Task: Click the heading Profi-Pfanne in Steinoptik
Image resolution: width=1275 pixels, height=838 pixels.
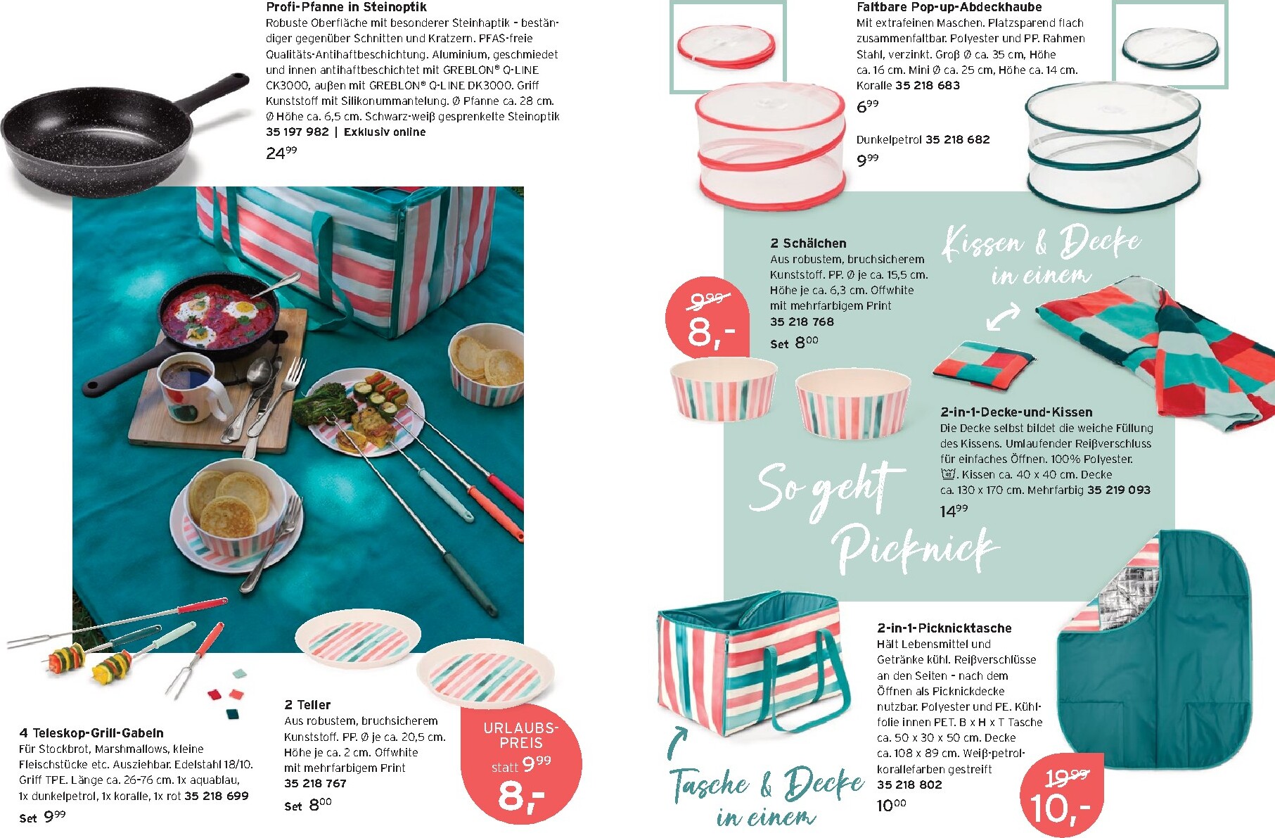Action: click(x=346, y=7)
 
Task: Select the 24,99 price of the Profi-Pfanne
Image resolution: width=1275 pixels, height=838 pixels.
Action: click(x=281, y=152)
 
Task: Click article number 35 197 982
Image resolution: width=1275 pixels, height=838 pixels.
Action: click(x=297, y=132)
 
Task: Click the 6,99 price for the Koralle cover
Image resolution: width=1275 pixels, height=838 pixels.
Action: click(x=867, y=106)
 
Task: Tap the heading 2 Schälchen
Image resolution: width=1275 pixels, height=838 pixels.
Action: click(x=808, y=243)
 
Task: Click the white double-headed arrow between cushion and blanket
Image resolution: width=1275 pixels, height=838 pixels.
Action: click(x=1003, y=317)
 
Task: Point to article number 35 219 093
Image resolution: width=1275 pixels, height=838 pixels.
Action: click(x=1119, y=490)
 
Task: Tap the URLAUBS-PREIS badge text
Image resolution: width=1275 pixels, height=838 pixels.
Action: click(x=520, y=735)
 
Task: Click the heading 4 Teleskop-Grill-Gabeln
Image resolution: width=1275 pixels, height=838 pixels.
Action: click(x=91, y=732)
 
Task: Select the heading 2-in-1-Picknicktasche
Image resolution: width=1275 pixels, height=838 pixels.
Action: click(x=944, y=628)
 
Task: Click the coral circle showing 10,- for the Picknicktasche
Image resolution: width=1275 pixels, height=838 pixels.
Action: click(x=1062, y=798)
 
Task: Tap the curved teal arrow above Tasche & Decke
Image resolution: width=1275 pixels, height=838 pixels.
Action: click(x=676, y=742)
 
